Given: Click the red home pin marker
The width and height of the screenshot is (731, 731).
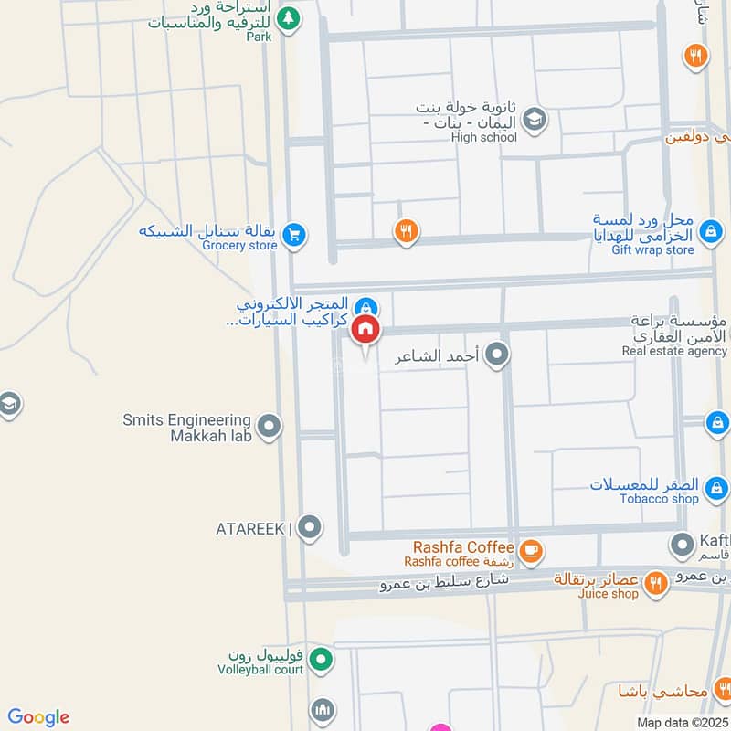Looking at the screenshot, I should point(365,330).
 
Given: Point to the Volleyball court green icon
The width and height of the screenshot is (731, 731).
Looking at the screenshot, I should point(320,658).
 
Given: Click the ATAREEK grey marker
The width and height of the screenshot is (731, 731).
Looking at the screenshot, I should point(311,527).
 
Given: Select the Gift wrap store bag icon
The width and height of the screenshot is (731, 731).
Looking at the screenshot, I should point(709,237).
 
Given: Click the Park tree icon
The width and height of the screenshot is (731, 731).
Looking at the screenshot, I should point(288,17).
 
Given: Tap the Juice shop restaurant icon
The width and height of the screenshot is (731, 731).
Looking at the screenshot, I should point(655,581).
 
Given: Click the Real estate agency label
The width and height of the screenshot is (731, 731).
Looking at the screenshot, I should point(674,350).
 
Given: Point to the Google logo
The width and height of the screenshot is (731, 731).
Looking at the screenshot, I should point(37,717).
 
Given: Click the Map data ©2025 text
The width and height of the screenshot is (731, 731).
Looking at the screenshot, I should point(683,722).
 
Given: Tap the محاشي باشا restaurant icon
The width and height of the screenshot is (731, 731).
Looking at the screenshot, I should point(724,687).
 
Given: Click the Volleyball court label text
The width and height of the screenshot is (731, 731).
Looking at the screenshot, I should point(260,669).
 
